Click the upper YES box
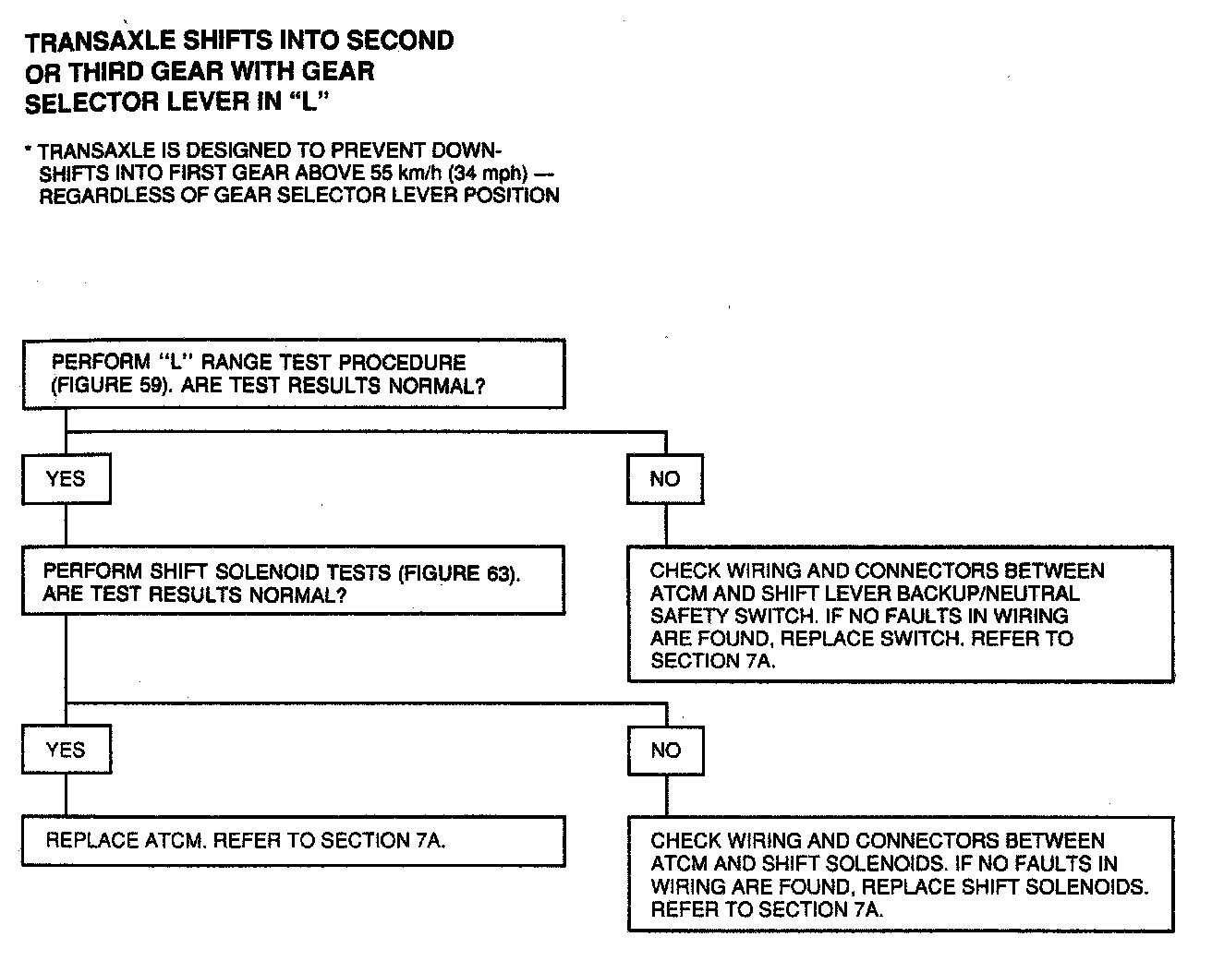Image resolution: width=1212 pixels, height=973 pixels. tap(66, 478)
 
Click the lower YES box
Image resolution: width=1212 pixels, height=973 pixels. tap(66, 750)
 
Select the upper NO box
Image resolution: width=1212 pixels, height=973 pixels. tap(664, 478)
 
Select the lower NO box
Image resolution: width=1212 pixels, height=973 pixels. tap(664, 750)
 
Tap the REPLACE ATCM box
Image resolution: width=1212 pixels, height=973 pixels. tap(293, 841)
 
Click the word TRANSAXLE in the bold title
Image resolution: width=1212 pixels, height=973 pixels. tap(86, 42)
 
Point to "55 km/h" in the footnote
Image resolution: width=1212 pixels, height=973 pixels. tap(400, 173)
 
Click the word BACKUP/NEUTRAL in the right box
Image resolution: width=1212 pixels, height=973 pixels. tap(1001, 594)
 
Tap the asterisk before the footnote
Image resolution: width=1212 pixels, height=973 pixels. tap(30, 149)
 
